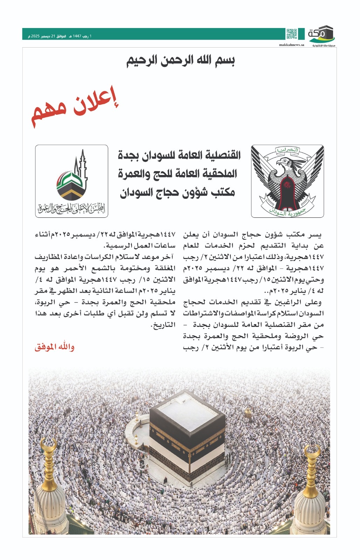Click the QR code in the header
(x=291, y=34)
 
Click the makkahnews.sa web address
(x=291, y=45)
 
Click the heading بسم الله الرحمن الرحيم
(x=180, y=60)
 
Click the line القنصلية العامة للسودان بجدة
(x=179, y=155)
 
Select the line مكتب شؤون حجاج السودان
(x=178, y=192)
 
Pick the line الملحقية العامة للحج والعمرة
(x=178, y=174)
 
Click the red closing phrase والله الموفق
(x=54, y=347)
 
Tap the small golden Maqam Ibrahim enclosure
(x=248, y=414)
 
